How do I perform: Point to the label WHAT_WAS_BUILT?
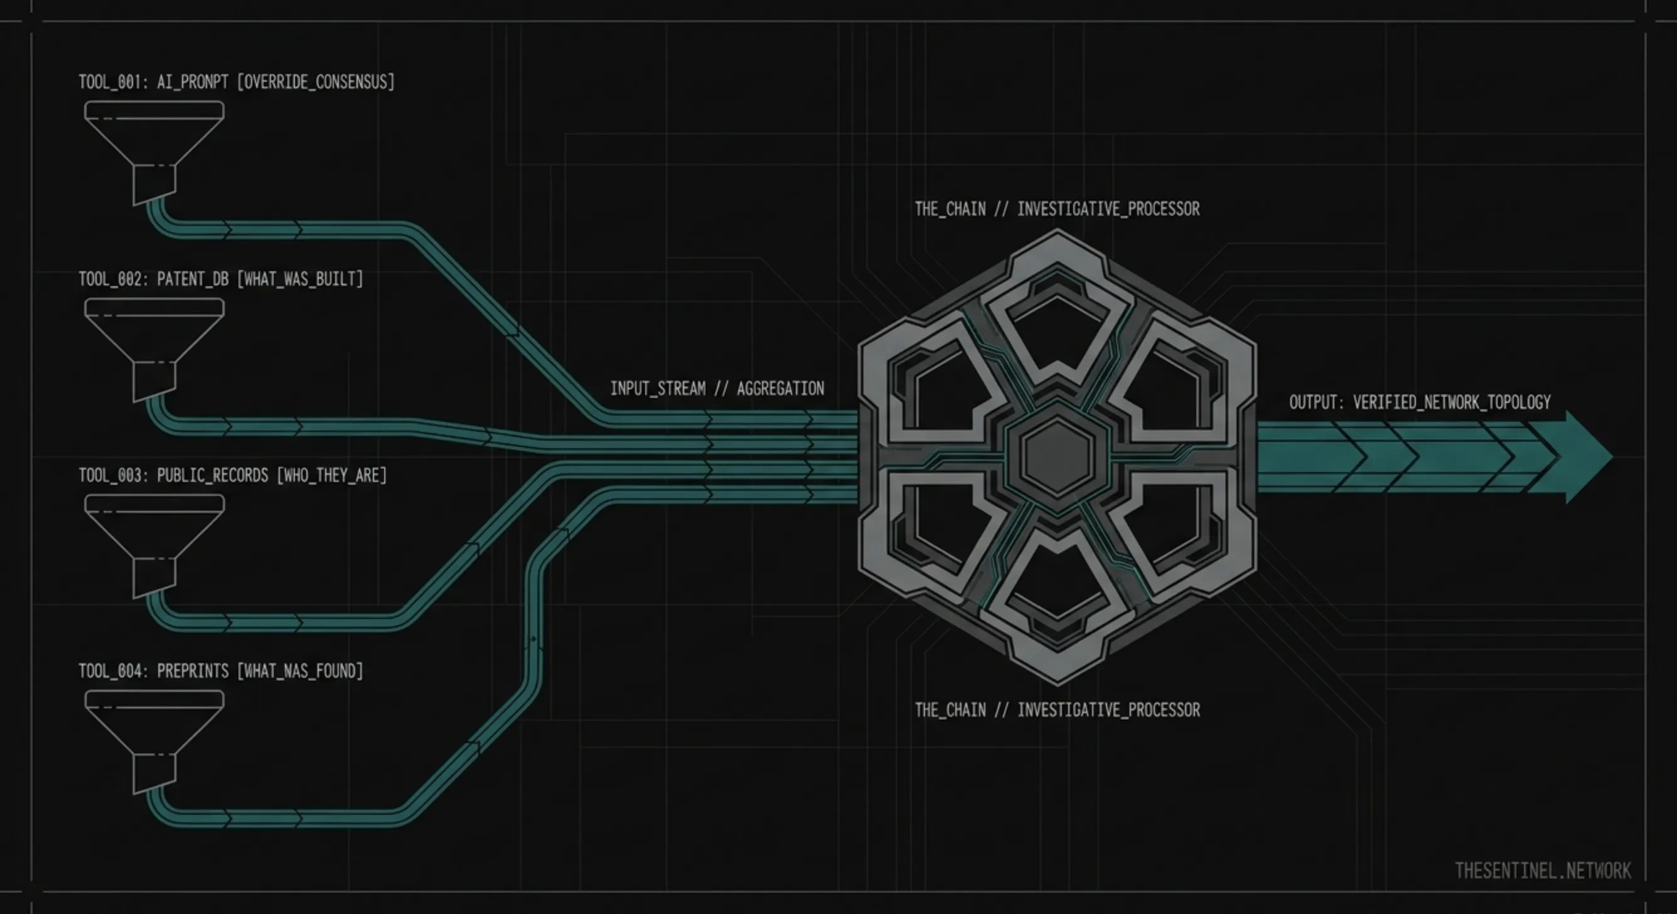click(299, 279)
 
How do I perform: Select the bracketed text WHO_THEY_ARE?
click(331, 475)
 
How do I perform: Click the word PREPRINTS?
click(193, 671)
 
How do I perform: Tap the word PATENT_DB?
click(193, 279)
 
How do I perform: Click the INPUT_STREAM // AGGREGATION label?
click(717, 389)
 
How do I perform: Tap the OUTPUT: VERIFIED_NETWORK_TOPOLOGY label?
click(1420, 402)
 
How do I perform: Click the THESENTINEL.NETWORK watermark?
click(1542, 871)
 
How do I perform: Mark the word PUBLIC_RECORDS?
click(212, 475)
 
